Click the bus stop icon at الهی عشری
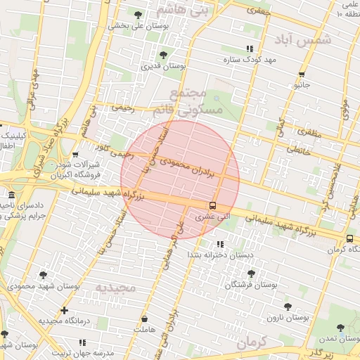click(212, 205)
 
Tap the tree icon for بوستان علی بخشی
click(138, 14)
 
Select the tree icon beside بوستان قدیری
click(164, 54)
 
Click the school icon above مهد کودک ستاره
click(249, 49)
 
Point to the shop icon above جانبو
click(302, 74)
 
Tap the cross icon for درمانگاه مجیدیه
click(65, 310)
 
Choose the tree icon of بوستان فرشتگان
click(251, 274)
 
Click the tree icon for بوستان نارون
click(288, 307)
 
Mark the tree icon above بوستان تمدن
click(341, 328)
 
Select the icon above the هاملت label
click(145, 319)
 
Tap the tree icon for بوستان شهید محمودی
click(44, 275)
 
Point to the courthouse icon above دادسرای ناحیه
click(11, 195)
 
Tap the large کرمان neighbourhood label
click(253, 343)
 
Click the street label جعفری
click(258, 11)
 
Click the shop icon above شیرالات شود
click(75, 155)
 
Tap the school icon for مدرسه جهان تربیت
click(82, 343)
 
